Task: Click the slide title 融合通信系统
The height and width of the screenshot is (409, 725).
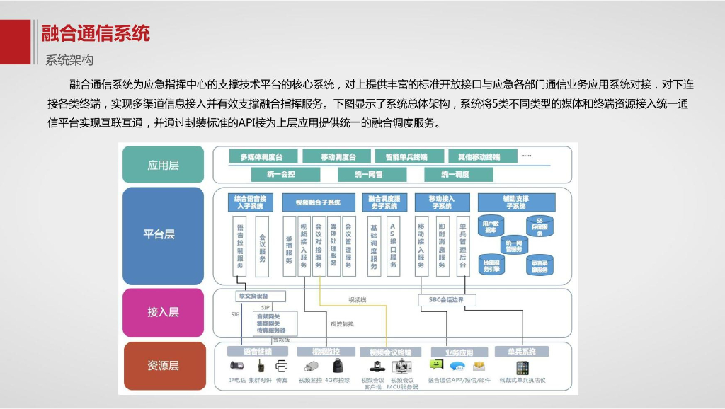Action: pos(96,33)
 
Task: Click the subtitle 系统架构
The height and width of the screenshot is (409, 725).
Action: pos(69,60)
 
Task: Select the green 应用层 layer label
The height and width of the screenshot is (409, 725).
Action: pos(163,165)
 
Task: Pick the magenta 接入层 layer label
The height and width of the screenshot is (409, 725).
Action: pos(163,311)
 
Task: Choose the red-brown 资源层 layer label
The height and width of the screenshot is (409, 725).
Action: pos(163,365)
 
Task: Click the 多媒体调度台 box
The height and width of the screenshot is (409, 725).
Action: pos(261,156)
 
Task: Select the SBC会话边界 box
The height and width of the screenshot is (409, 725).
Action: pos(447,299)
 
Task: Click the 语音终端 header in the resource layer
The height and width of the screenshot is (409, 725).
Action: pos(256,351)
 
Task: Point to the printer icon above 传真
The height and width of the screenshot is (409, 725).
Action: pos(281,367)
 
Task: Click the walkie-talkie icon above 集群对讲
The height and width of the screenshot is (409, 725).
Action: pos(261,367)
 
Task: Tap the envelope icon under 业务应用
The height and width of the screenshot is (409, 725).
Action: pos(479,367)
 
